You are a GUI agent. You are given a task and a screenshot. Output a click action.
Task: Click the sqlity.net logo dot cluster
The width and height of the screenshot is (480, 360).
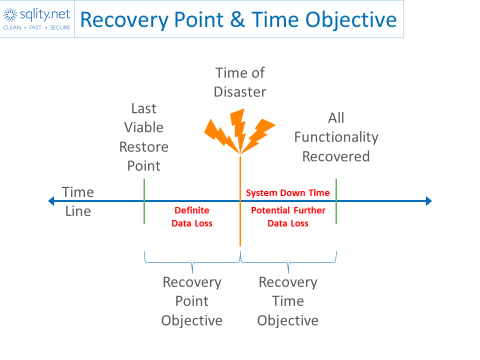[x=10, y=14]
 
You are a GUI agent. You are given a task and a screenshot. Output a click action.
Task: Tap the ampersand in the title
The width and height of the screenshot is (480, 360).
[x=237, y=19]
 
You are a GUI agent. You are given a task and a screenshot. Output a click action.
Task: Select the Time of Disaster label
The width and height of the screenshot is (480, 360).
[x=240, y=82]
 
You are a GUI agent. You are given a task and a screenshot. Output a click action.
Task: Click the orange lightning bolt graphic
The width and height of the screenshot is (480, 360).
[x=240, y=131]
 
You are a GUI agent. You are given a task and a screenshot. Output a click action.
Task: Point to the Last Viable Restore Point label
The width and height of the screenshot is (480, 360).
[x=144, y=137]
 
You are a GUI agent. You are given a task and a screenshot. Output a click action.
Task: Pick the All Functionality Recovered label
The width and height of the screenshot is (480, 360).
[x=336, y=137]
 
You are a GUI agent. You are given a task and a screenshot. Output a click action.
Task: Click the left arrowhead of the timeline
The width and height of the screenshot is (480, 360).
[x=51, y=201]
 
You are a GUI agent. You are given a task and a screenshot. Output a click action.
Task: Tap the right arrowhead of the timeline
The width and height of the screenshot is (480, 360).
[x=429, y=201]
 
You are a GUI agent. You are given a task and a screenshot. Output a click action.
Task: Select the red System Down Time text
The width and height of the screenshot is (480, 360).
[x=288, y=193]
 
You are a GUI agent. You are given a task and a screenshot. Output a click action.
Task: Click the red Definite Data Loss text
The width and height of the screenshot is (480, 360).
[x=192, y=216]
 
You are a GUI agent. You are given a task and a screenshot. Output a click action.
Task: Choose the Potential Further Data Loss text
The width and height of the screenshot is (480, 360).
[x=288, y=216]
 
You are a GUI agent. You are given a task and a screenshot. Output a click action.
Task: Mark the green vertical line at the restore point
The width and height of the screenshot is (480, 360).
[x=144, y=201]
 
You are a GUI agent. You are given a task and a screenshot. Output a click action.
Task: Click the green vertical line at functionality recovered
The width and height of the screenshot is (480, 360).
[x=336, y=201]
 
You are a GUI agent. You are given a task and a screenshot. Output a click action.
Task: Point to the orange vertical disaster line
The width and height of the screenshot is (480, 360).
[x=240, y=201]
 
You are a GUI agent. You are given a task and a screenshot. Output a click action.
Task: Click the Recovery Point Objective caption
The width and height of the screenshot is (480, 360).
[x=192, y=301]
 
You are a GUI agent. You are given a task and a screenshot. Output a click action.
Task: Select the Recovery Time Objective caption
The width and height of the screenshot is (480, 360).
[x=288, y=301]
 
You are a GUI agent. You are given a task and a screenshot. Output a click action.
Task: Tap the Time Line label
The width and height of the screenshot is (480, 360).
[x=78, y=201]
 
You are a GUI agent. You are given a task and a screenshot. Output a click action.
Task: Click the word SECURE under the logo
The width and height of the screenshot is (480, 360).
[x=60, y=27]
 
